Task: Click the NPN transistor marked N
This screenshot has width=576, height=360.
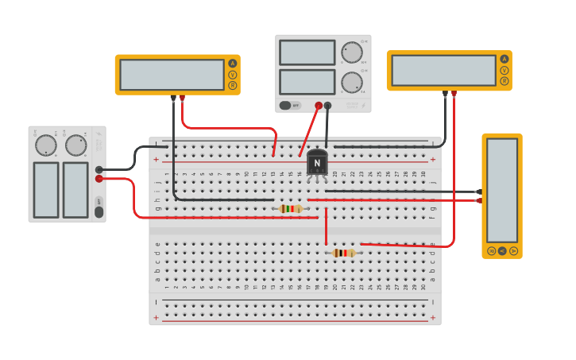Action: [317, 163]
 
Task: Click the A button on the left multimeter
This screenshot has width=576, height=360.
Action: [233, 64]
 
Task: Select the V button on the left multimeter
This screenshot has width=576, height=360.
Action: [233, 75]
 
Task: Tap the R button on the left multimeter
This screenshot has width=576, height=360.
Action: [233, 85]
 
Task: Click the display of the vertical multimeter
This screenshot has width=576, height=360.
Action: [501, 190]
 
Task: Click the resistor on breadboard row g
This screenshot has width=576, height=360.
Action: [292, 209]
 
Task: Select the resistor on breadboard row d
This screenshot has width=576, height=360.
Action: [343, 253]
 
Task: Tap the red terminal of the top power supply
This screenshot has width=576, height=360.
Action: [319, 105]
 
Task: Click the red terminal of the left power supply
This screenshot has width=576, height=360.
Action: [99, 179]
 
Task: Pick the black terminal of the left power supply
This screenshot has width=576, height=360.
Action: [99, 169]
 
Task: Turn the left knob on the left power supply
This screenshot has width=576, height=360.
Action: [46, 145]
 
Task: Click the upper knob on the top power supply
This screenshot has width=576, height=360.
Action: [351, 52]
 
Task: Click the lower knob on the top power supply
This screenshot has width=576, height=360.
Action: [351, 82]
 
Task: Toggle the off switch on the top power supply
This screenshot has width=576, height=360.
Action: [289, 105]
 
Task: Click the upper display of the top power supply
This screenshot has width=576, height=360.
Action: [307, 52]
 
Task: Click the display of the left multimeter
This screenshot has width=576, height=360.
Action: [172, 75]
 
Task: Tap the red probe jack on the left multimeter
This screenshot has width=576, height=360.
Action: [182, 98]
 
